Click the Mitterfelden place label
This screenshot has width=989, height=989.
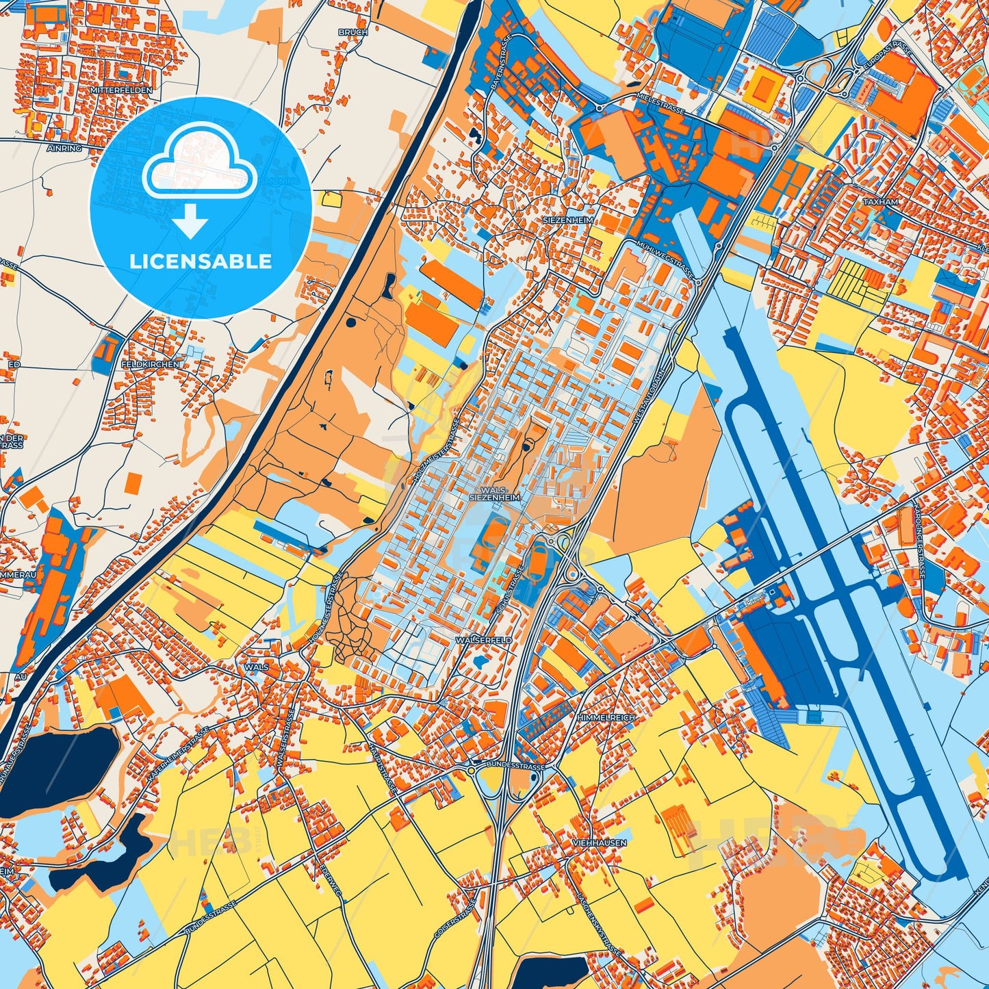[x=120, y=90]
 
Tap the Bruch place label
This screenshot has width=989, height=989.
[x=352, y=32]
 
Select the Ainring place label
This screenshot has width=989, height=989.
[x=65, y=148]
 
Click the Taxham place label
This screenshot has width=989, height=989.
[x=880, y=203]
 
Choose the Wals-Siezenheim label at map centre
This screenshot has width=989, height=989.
[x=496, y=495]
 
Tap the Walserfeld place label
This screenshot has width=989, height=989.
[x=483, y=639]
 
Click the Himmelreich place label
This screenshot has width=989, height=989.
[x=606, y=717]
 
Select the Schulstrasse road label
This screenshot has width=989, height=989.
[x=511, y=588]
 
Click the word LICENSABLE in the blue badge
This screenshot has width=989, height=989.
[x=201, y=261]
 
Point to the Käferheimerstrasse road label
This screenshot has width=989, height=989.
[x=177, y=755]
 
